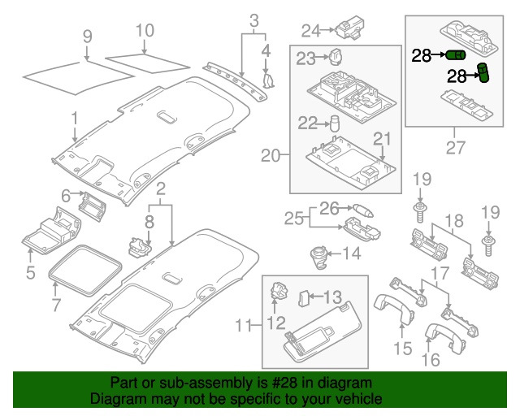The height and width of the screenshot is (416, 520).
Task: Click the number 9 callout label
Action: click(88, 36)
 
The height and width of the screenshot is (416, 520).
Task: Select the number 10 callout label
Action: click(144, 31)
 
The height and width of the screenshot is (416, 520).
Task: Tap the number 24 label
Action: click(311, 31)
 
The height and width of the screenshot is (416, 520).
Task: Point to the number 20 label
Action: click(270, 154)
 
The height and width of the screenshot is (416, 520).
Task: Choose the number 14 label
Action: click(351, 253)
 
